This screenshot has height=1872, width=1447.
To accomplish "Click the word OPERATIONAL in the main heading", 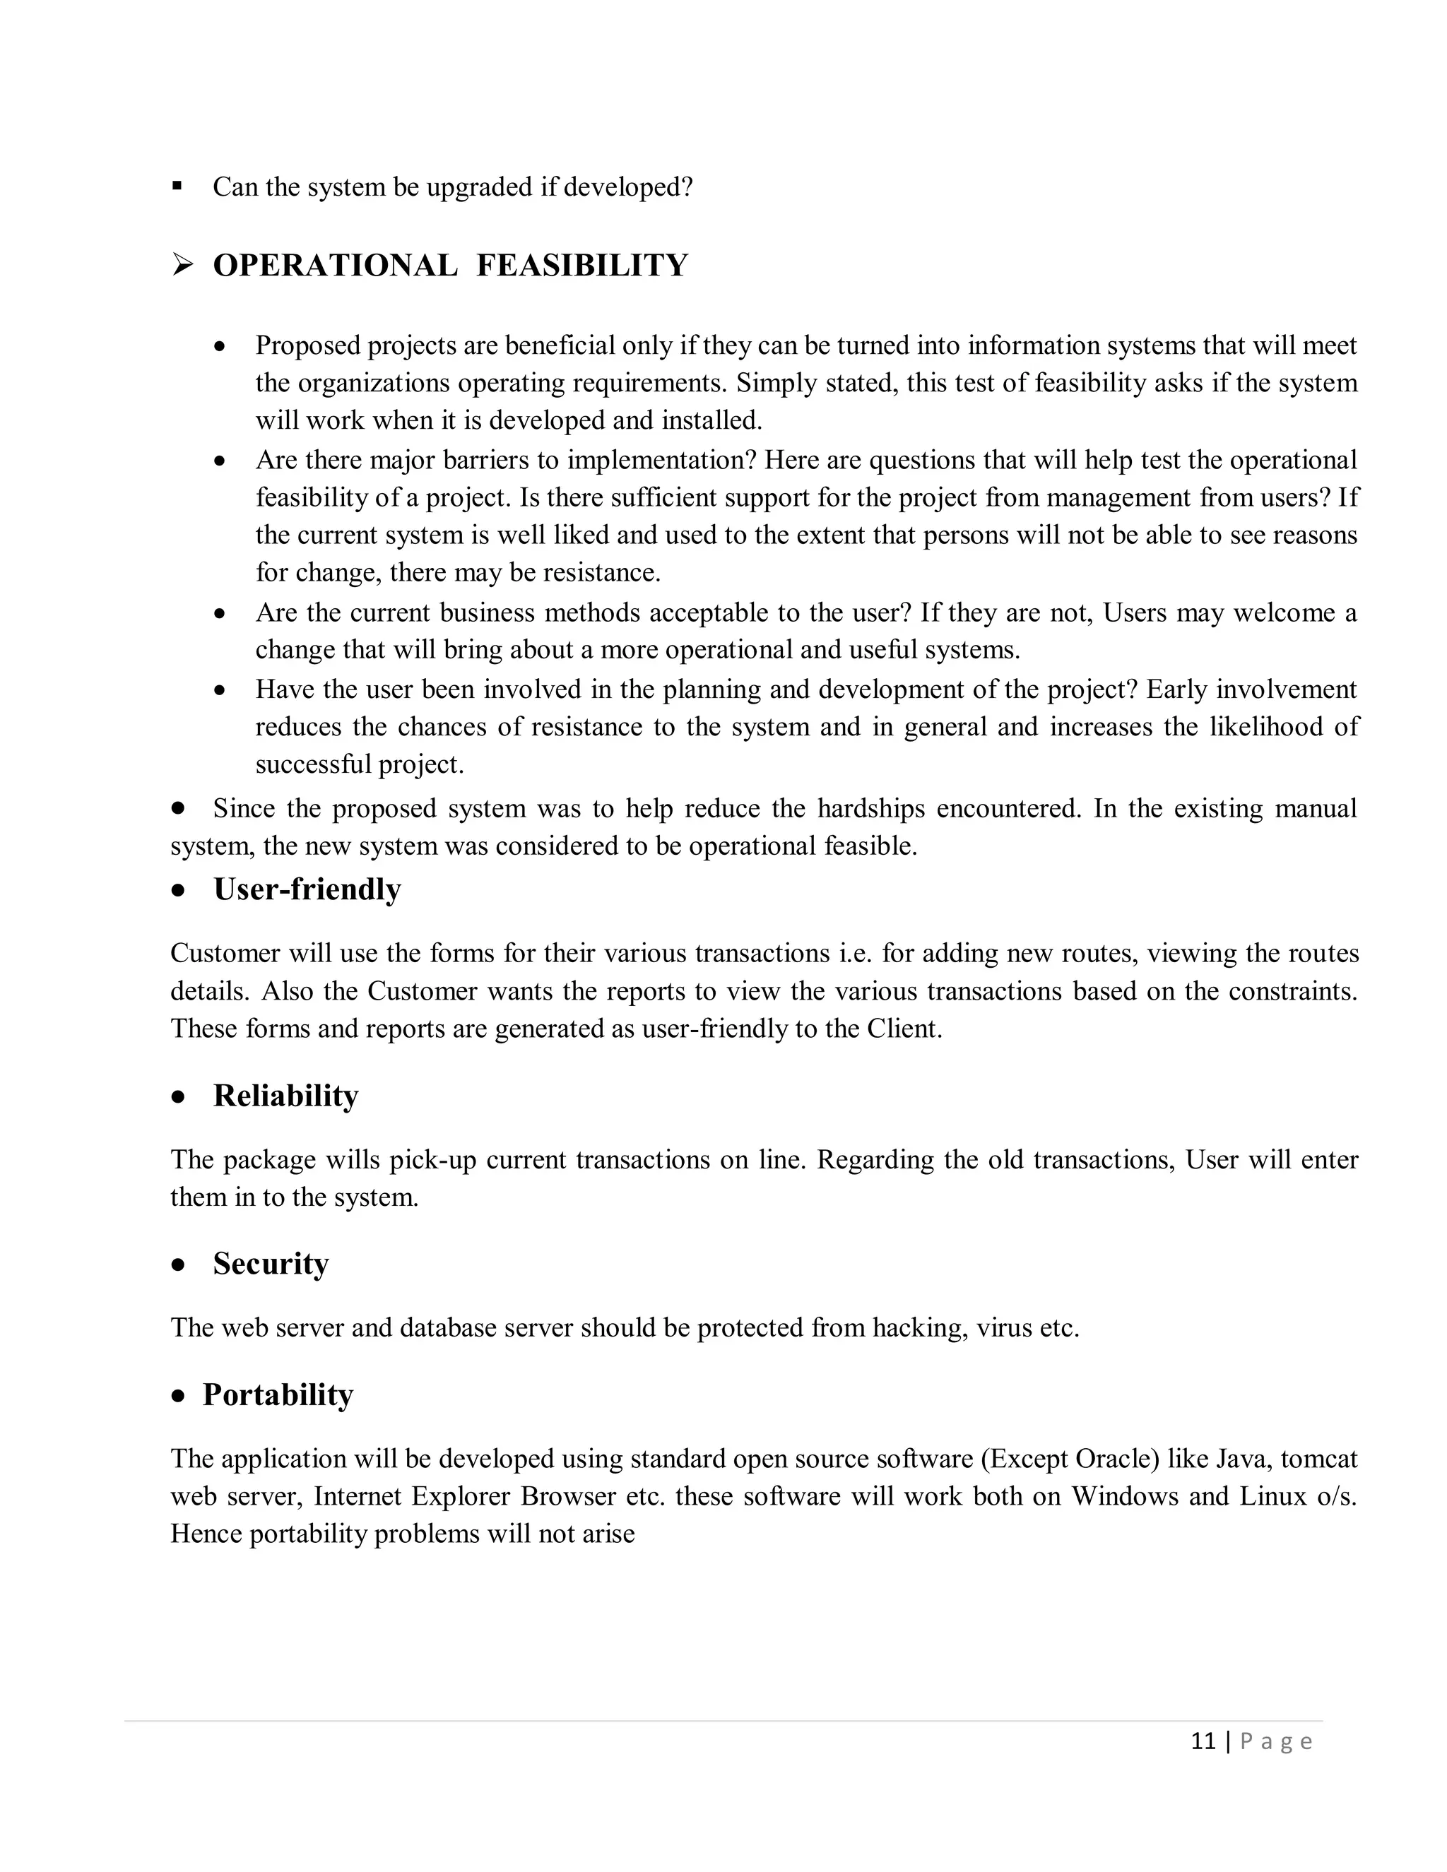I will tap(335, 266).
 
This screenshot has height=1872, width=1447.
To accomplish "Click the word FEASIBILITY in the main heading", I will tap(581, 266).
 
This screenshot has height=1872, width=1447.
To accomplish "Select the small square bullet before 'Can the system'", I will tap(177, 185).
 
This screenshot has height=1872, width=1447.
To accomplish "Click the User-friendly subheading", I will tap(307, 889).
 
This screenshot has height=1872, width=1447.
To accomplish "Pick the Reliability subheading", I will tap(285, 1096).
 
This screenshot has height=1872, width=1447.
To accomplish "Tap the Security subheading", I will tap(271, 1264).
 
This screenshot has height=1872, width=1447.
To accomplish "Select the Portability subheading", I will tap(278, 1394).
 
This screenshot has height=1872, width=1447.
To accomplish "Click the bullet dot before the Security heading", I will tap(178, 1265).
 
